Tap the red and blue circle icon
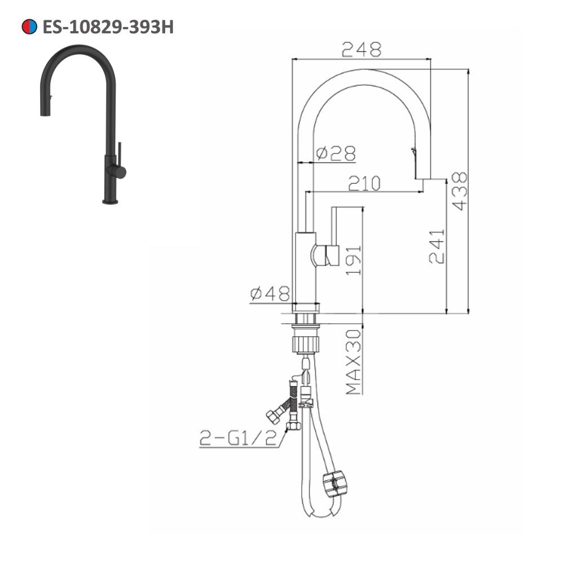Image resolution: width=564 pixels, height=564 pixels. (x=29, y=27)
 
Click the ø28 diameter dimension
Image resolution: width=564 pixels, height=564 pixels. (x=336, y=153)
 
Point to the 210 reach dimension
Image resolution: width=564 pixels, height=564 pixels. (x=364, y=183)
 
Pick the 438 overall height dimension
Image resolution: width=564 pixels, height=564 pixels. (x=459, y=191)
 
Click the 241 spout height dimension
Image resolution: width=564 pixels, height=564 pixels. (x=437, y=246)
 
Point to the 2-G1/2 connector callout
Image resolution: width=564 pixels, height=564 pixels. (x=238, y=437)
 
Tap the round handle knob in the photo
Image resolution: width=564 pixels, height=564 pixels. (x=120, y=171)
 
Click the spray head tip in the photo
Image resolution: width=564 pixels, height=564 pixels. (x=43, y=113)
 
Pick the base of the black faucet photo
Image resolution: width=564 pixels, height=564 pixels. (x=110, y=200)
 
